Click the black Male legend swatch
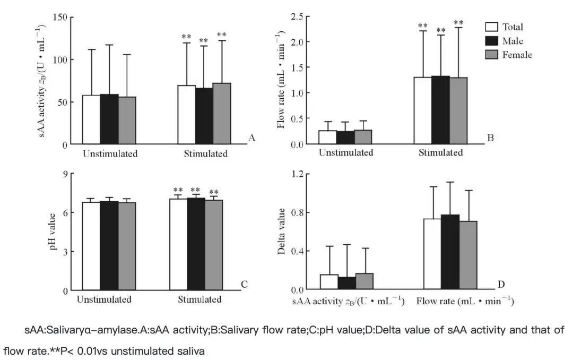[x=491, y=41]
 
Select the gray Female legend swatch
[x=491, y=55]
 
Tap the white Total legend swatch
[x=491, y=27]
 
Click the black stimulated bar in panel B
[x=440, y=110]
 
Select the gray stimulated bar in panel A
[x=222, y=114]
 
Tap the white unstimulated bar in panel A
[x=91, y=120]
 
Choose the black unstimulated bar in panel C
[x=109, y=246]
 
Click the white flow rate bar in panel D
[x=433, y=254]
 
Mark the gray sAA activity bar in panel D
[x=364, y=281]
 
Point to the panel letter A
[x=252, y=138]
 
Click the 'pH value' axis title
[x=54, y=233]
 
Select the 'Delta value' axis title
[x=282, y=232]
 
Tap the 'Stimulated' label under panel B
[x=440, y=153]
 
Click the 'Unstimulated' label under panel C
[x=104, y=299]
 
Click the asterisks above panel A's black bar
[x=204, y=41]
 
